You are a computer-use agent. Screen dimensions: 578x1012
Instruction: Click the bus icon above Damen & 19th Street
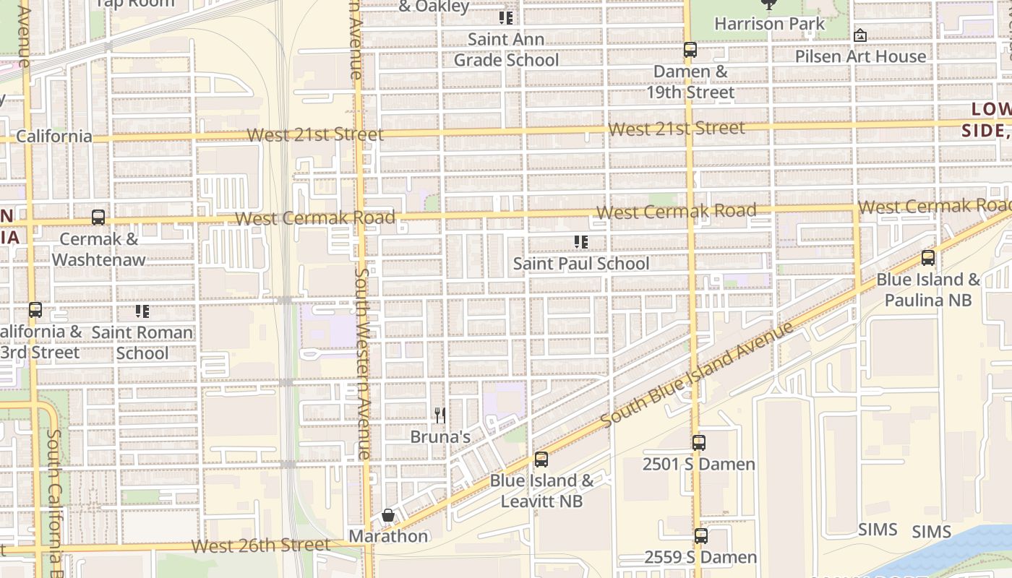[690, 50]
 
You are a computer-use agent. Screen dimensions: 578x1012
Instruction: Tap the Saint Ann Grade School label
[506, 50]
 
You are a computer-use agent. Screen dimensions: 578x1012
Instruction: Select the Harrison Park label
[769, 24]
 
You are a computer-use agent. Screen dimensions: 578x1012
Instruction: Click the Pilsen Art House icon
[860, 35]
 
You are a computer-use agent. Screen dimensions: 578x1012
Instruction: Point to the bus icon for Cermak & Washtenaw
[98, 217]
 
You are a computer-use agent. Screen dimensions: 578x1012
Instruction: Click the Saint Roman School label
[142, 343]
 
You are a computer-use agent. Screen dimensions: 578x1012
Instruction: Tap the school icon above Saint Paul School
[581, 242]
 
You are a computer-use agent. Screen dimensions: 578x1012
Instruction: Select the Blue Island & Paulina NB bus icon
[928, 258]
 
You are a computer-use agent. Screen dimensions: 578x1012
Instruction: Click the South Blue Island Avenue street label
[698, 374]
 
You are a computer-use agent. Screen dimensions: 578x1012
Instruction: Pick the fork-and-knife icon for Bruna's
[439, 415]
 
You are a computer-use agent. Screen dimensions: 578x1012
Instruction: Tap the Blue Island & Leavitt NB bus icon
[541, 460]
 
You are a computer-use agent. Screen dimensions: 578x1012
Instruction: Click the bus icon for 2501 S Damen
[698, 443]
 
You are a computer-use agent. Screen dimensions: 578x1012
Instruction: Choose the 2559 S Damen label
[700, 557]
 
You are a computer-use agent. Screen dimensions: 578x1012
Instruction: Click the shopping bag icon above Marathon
[388, 515]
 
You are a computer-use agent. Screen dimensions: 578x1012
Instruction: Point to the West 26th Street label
[262, 545]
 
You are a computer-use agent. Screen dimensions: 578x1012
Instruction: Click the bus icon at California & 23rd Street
[35, 311]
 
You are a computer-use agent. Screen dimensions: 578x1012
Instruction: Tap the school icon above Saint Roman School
[142, 312]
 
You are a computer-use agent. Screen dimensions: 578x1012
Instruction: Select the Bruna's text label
[440, 437]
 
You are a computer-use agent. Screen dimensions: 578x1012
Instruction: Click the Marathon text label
[388, 536]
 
